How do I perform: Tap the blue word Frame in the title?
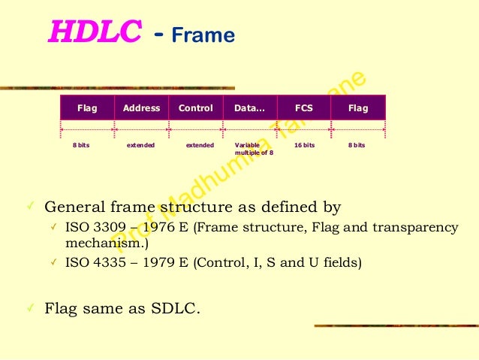click(x=203, y=35)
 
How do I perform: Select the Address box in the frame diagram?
click(x=141, y=108)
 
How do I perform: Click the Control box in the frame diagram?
click(x=196, y=108)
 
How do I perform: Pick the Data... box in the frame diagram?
click(x=250, y=108)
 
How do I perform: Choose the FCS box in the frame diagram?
click(x=304, y=108)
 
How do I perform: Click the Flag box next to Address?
click(x=87, y=108)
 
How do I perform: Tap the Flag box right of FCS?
click(x=358, y=108)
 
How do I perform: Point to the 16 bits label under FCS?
click(x=304, y=145)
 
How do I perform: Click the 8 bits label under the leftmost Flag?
click(x=80, y=145)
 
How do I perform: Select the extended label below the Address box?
click(x=140, y=145)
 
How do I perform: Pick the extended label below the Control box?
click(x=200, y=145)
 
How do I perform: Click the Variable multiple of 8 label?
click(x=254, y=149)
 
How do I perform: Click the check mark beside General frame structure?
click(x=29, y=206)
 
